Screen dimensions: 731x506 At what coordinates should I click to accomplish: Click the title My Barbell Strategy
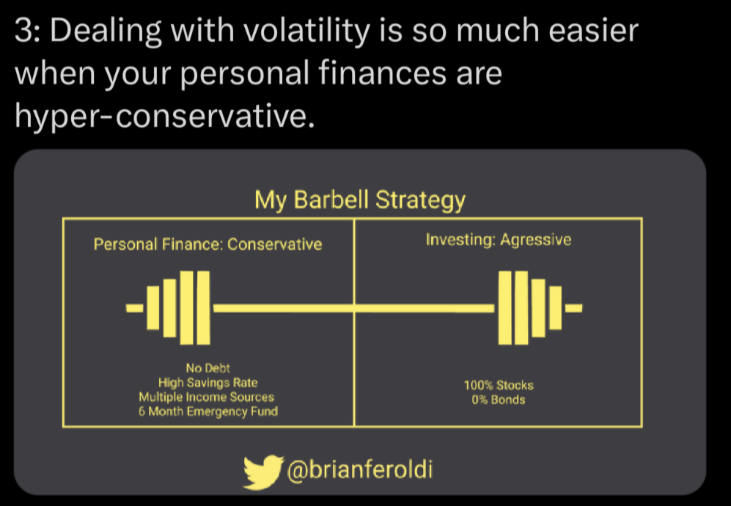point(360,200)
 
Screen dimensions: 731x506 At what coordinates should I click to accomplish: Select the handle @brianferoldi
point(360,469)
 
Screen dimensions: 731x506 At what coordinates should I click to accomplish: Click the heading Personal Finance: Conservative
point(208,244)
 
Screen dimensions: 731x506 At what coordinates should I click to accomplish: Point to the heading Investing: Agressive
point(499,240)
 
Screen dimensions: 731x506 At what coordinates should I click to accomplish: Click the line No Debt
point(208,368)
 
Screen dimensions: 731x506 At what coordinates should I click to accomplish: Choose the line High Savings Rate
point(208,383)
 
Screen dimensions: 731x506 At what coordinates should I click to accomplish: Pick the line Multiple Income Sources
point(207,397)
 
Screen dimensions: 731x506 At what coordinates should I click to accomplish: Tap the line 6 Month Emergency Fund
point(208,411)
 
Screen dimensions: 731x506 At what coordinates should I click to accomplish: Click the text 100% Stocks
point(499,385)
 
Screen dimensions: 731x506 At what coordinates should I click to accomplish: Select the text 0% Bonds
point(499,400)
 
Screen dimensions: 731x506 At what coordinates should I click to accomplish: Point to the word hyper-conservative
point(164,117)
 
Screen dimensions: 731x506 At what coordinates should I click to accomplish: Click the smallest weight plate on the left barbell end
point(153,308)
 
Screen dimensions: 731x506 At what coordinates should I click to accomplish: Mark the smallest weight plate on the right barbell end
point(555,308)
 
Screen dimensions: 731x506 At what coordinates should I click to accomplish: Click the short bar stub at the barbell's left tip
point(135,308)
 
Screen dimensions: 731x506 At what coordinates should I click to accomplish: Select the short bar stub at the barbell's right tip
point(574,308)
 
